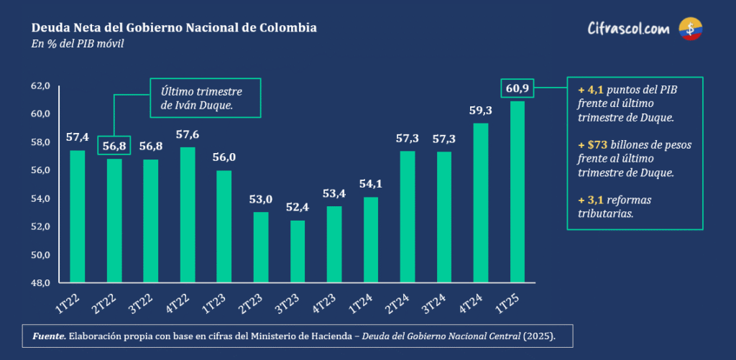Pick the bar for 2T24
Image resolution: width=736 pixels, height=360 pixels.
pyautogui.click(x=408, y=216)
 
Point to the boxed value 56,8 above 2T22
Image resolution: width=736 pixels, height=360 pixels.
pyautogui.click(x=114, y=144)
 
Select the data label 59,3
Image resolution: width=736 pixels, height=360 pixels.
pyautogui.click(x=481, y=111)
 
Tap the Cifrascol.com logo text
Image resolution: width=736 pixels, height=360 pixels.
pyautogui.click(x=628, y=29)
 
